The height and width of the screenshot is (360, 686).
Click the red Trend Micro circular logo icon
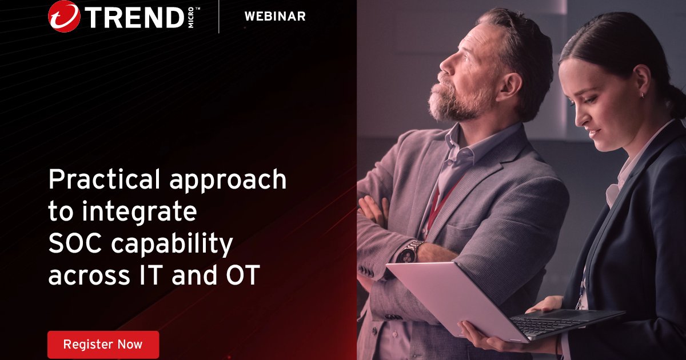click(64, 16)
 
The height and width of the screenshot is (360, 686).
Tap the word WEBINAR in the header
click(275, 17)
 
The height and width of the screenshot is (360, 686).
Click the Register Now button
click(103, 345)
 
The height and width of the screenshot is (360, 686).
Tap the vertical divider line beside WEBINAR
click(219, 17)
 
